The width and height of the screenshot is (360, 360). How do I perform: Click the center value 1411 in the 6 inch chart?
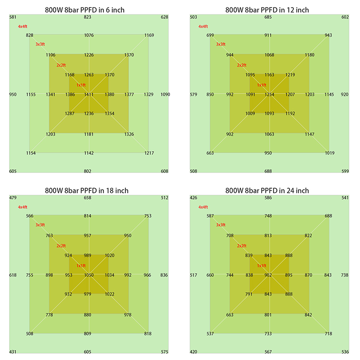click(89, 95)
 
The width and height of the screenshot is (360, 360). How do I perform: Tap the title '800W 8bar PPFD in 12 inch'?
click(267, 10)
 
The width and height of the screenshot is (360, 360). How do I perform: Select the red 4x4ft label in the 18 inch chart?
click(23, 207)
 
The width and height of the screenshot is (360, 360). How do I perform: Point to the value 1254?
click(269, 95)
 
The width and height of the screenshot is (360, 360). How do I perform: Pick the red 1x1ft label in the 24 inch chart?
click(262, 265)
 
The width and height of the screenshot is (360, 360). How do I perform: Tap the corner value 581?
click(13, 17)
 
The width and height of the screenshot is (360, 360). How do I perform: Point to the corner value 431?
click(13, 352)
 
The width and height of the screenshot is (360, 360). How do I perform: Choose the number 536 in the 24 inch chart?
click(345, 352)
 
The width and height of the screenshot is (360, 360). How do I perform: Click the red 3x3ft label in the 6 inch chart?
click(40, 44)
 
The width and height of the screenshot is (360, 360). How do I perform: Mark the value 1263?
click(89, 75)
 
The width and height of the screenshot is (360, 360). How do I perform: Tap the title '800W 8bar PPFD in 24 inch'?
click(267, 191)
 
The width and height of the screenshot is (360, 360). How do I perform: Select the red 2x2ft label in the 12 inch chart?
click(241, 65)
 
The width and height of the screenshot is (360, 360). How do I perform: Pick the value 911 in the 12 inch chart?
click(268, 36)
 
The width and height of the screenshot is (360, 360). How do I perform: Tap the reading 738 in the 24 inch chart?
click(345, 275)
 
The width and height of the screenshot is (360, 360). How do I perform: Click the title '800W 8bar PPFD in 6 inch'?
click(87, 10)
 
